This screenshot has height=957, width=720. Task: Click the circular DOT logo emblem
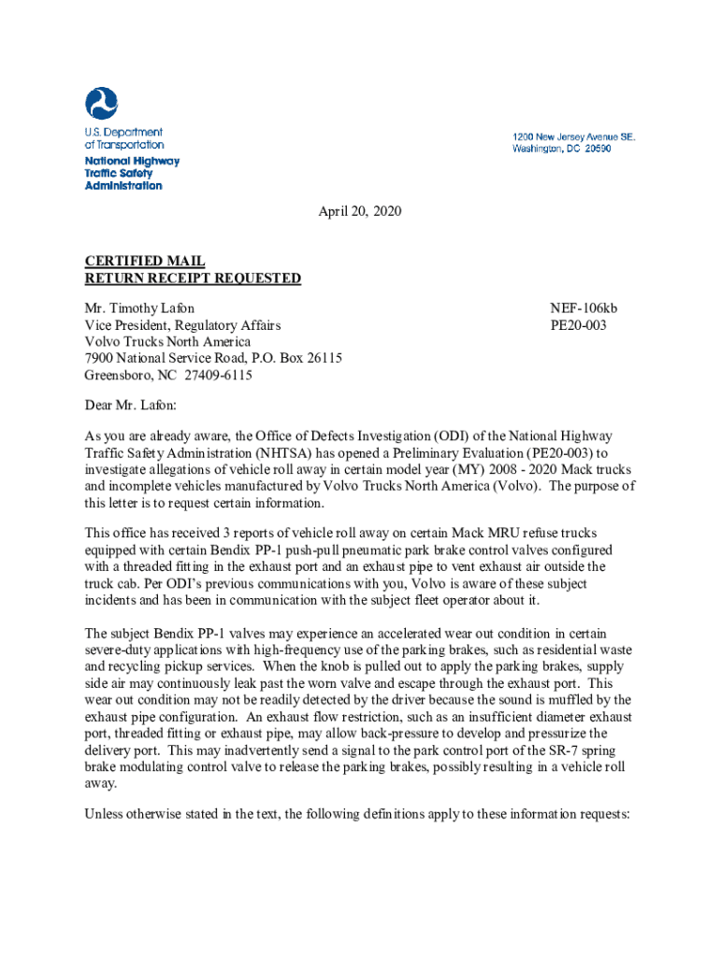102,104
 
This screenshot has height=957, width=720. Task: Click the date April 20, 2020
360,211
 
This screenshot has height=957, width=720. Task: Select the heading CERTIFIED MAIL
145,262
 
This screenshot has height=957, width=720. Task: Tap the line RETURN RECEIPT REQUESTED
193,278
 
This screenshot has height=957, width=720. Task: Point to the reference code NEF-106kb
583,308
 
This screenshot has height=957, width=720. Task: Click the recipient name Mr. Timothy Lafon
140,308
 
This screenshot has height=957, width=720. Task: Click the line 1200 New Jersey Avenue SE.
573,136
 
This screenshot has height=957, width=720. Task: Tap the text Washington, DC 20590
561,149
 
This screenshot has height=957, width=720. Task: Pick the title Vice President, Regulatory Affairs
182,325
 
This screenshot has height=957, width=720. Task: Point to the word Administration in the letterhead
123,185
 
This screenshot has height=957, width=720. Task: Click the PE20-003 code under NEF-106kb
579,325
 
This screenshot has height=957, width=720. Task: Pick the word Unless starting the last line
104,813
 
